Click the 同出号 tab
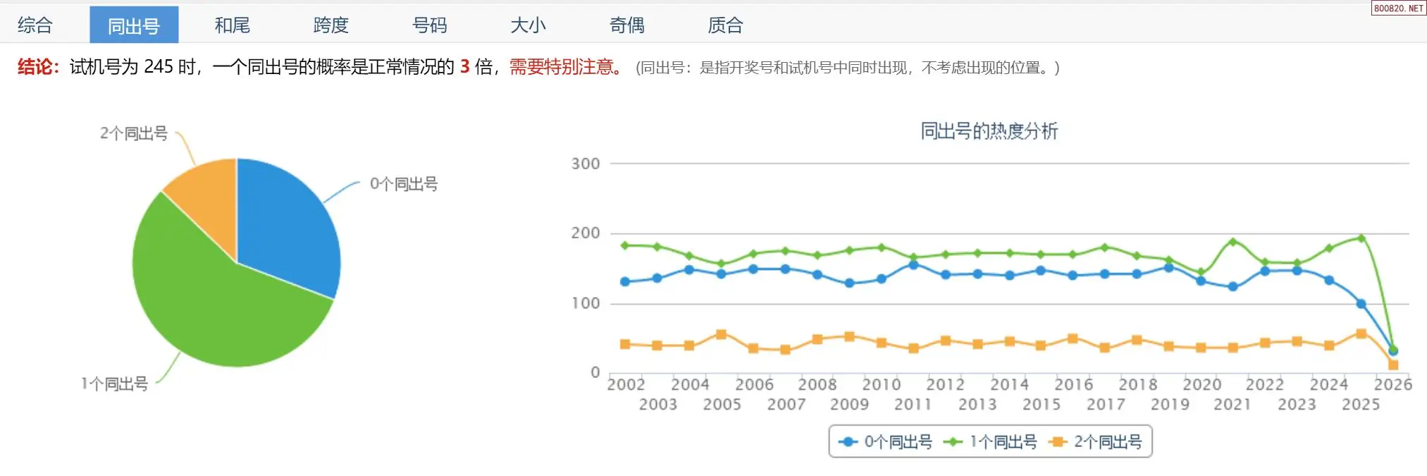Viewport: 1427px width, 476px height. (x=134, y=25)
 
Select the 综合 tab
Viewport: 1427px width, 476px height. (x=35, y=25)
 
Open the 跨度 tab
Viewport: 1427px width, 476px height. (x=331, y=25)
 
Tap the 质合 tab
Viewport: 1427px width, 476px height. (x=725, y=25)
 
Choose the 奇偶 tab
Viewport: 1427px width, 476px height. (x=626, y=25)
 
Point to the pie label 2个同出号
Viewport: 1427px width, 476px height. (x=134, y=133)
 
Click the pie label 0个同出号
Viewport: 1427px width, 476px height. (x=404, y=184)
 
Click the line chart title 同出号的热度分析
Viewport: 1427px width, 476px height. (x=989, y=131)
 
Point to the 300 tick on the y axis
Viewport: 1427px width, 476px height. (x=586, y=164)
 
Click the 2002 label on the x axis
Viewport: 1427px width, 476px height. (x=626, y=384)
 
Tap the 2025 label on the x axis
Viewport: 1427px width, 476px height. (x=1361, y=404)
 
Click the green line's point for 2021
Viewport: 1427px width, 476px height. (x=1233, y=242)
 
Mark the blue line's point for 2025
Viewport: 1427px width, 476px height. (x=1361, y=304)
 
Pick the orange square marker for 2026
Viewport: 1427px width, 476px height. (x=1393, y=365)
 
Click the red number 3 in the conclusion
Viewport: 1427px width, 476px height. (x=464, y=67)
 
